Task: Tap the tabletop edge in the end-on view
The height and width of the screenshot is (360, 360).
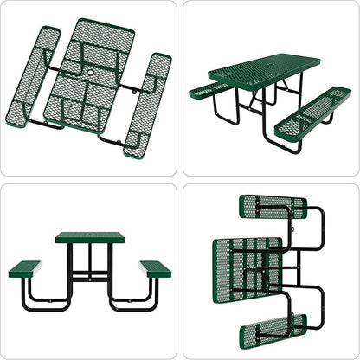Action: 91,237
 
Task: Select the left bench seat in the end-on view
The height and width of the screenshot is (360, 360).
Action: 28,266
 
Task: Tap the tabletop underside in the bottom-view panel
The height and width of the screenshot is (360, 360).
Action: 247,268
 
